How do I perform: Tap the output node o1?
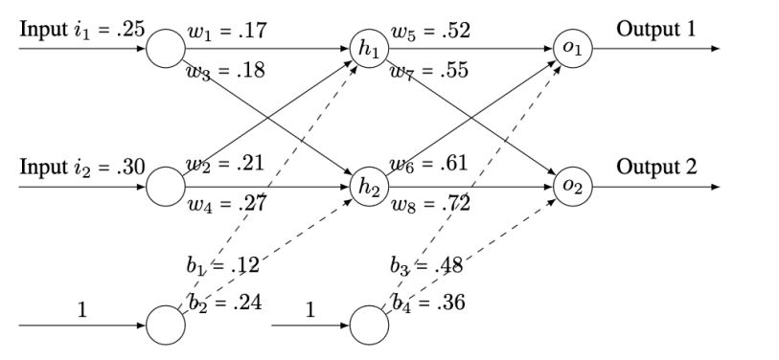(572, 49)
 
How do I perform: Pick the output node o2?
(572, 187)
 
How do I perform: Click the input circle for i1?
(165, 49)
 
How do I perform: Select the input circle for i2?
(165, 187)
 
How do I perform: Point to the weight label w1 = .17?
(228, 32)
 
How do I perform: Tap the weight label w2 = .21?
(228, 165)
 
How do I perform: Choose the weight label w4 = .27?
(228, 204)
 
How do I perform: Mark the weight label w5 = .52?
(429, 32)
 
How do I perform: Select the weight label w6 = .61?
(429, 165)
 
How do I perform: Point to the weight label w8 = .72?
(429, 204)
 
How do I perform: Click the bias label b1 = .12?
(222, 266)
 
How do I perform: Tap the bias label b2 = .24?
(226, 304)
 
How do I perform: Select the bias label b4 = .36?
(427, 304)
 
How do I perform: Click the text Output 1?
(656, 28)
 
